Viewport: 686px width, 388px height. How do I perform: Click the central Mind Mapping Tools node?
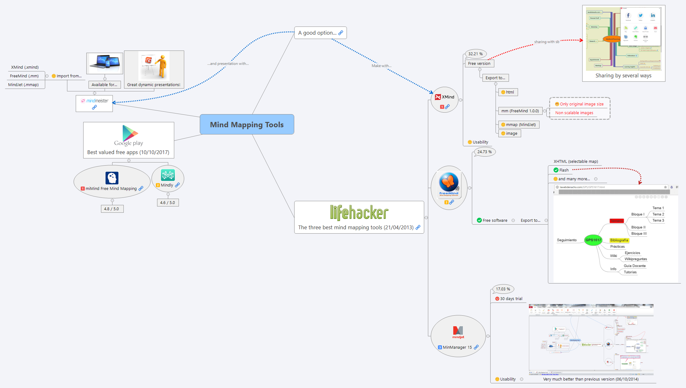point(247,124)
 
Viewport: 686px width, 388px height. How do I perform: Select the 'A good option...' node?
point(317,33)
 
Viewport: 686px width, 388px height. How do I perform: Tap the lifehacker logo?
point(359,213)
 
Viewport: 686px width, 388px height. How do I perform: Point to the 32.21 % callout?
point(475,54)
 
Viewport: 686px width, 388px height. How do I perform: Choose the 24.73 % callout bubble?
point(484,152)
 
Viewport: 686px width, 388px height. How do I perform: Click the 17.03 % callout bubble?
point(503,289)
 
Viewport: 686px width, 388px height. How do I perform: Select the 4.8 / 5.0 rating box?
point(112,209)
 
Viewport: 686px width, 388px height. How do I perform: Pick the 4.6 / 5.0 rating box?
point(168,203)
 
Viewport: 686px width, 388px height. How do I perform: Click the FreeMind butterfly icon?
point(449,182)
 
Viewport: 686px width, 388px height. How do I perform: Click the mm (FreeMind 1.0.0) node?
point(520,111)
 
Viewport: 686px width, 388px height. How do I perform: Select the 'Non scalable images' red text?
point(574,113)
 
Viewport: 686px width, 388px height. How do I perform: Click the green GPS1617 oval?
point(593,240)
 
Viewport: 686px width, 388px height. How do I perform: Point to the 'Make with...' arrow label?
point(381,66)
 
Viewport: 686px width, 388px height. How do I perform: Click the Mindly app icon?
point(168,175)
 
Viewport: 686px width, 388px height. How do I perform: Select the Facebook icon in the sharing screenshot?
point(628,16)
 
